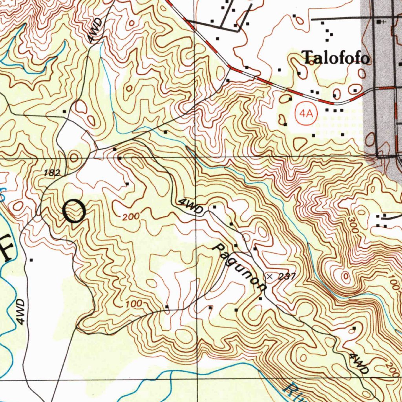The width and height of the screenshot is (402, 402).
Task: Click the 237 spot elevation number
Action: pos(287,277)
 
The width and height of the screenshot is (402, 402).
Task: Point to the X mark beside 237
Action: pos(269,277)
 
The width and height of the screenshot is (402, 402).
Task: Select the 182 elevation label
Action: pos(52,172)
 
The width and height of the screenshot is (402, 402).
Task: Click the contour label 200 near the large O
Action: pos(130,216)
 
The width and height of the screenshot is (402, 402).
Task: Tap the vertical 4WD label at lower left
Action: pos(21,312)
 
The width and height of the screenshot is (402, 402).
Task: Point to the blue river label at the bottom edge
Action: pos(291,393)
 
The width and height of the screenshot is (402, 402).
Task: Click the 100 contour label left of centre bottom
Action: pos(134,304)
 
